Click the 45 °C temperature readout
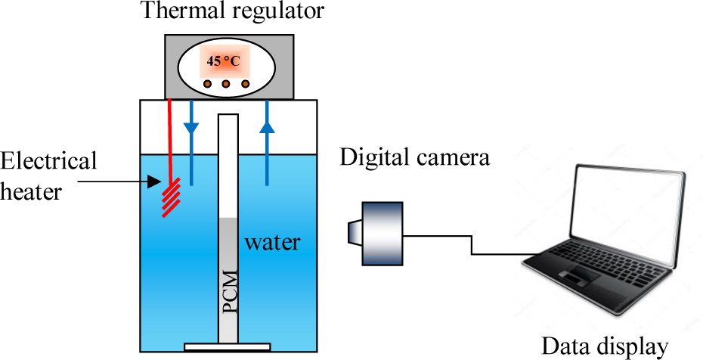pos(223,61)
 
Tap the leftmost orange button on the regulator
pos(207,83)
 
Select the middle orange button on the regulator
pos(225,83)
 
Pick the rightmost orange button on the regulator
pos(244,83)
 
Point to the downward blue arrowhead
pos(192,128)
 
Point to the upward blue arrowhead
pos(266,127)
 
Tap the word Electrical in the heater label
pos(49,161)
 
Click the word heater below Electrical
pos(31,191)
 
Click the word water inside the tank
pos(272,243)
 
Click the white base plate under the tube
pos(228,348)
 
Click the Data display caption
pos(605,346)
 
